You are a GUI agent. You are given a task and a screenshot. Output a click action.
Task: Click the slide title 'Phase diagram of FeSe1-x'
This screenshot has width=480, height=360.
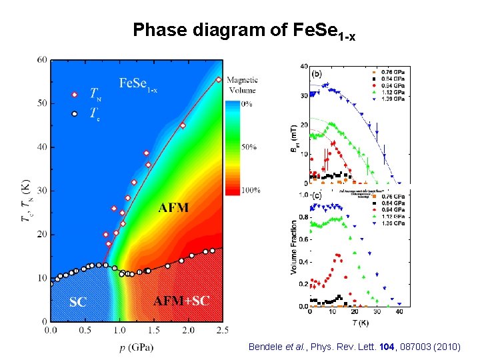pyautogui.click(x=243, y=30)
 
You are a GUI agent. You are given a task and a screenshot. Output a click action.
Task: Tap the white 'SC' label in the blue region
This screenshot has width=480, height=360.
pyautogui.click(x=78, y=301)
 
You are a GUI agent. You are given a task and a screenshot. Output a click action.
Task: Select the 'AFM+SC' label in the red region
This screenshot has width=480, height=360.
pyautogui.click(x=181, y=301)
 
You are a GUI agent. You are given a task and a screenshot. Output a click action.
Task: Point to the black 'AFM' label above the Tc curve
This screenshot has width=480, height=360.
pyautogui.click(x=173, y=208)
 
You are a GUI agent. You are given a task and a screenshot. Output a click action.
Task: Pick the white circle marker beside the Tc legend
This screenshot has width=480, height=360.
pyautogui.click(x=75, y=113)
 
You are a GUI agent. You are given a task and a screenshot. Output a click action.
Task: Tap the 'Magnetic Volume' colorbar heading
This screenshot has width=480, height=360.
pyautogui.click(x=242, y=85)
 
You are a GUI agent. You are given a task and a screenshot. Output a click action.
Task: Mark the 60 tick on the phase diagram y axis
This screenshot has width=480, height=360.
pyautogui.click(x=42, y=60)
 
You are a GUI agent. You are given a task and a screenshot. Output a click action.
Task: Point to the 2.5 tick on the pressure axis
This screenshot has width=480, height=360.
pyautogui.click(x=223, y=329)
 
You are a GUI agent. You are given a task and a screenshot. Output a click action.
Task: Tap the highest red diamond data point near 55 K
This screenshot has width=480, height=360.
pyautogui.click(x=219, y=79)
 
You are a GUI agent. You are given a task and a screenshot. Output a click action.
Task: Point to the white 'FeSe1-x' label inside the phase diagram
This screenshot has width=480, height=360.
pyautogui.click(x=139, y=84)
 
